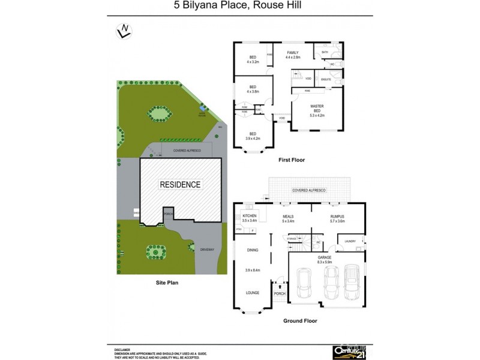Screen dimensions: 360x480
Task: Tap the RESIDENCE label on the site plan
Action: click(179, 185)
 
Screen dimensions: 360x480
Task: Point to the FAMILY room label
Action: click(292, 53)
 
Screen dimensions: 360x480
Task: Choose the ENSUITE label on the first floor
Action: click(326, 79)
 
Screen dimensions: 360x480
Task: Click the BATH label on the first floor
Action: click(325, 52)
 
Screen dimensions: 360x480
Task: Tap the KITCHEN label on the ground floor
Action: click(250, 215)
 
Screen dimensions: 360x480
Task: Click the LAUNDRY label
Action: click(350, 241)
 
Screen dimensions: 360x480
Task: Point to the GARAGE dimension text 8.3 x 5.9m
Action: click(325, 262)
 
